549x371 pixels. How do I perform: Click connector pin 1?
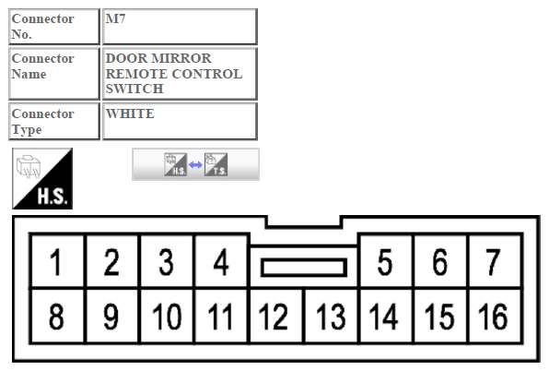click(x=57, y=261)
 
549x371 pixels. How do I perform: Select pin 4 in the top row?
click(x=221, y=261)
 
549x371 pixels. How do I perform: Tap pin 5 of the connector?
click(x=385, y=261)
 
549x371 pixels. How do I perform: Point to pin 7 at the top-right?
click(x=495, y=261)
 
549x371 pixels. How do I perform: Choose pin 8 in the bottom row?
click(x=57, y=316)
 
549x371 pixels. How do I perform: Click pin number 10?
click(x=167, y=316)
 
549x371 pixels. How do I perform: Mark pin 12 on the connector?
click(x=276, y=316)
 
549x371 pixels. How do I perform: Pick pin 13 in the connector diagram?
click(x=331, y=316)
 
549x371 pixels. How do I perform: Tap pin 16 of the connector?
click(x=495, y=316)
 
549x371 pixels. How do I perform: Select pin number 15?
click(x=440, y=316)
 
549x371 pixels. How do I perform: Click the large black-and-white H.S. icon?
click(x=42, y=178)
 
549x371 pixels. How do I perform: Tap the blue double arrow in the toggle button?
click(x=195, y=164)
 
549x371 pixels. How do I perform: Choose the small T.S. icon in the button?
click(x=216, y=164)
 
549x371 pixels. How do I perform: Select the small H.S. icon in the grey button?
click(x=175, y=164)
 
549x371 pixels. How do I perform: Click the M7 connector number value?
click(x=115, y=18)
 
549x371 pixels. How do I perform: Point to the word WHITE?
click(x=130, y=114)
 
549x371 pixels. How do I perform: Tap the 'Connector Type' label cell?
click(x=54, y=121)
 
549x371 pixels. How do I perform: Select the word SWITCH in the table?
click(x=134, y=89)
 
